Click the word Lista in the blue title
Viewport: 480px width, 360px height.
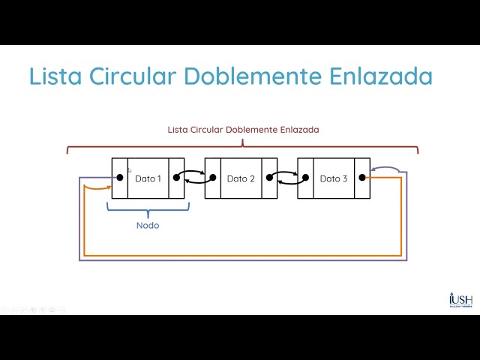point(55,76)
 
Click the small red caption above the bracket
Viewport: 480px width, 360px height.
point(243,130)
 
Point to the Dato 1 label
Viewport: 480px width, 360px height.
point(148,178)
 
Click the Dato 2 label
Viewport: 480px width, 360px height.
point(241,178)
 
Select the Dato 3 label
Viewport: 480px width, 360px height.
point(334,178)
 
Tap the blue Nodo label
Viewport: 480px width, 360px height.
point(148,225)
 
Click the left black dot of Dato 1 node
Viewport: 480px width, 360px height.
point(119,178)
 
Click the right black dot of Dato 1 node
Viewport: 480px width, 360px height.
point(176,178)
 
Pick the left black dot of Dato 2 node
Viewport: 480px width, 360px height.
point(213,178)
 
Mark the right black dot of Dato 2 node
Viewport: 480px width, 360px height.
point(269,178)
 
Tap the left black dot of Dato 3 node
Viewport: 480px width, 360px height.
point(306,178)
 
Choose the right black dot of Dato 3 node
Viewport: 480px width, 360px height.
point(362,178)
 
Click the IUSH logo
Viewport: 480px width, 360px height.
point(460,299)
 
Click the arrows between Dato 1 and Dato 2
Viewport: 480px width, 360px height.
point(194,178)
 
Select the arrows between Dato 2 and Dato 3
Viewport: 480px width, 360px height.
point(287,178)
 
